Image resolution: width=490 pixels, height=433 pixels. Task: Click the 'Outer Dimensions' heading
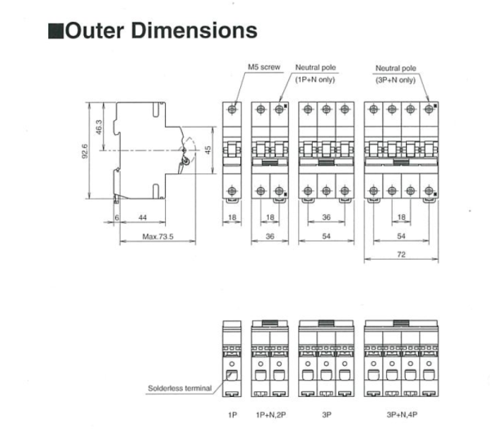coord(162,30)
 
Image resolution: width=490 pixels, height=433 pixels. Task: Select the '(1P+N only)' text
coord(314,78)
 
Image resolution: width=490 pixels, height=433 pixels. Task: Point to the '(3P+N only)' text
coord(395,79)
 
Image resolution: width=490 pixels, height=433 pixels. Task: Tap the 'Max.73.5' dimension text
coord(158,237)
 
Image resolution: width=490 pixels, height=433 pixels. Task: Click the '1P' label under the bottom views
coord(232,414)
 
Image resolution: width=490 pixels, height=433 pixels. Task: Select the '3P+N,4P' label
coord(401,414)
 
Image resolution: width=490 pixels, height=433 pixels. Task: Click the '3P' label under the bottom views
coord(327,414)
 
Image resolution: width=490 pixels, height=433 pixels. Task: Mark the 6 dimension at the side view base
coord(117,218)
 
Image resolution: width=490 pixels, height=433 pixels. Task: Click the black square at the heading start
coord(56,32)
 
